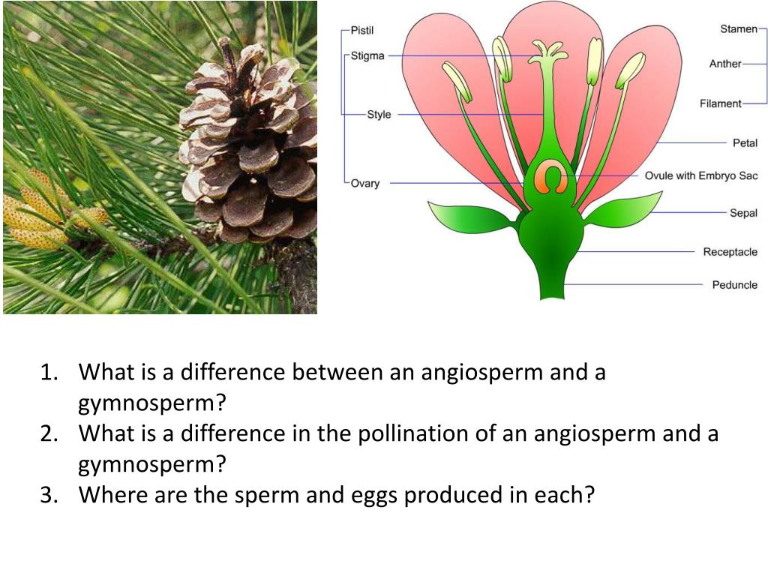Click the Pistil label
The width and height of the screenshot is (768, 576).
point(362,30)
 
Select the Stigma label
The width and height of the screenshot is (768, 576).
point(367,56)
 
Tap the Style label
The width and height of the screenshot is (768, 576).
point(379,115)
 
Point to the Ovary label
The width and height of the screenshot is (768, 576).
point(365,183)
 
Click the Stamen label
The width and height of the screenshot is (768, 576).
point(739,29)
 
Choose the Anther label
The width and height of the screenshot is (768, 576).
point(725,64)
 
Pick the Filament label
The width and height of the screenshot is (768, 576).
point(720,103)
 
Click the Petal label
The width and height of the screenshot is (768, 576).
point(745,142)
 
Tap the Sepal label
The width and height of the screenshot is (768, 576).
point(743,213)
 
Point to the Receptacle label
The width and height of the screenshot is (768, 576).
point(730,252)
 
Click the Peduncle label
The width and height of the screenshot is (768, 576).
point(734,285)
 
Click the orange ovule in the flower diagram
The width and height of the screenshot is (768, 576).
point(551,178)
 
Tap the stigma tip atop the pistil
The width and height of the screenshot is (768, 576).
point(548,50)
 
